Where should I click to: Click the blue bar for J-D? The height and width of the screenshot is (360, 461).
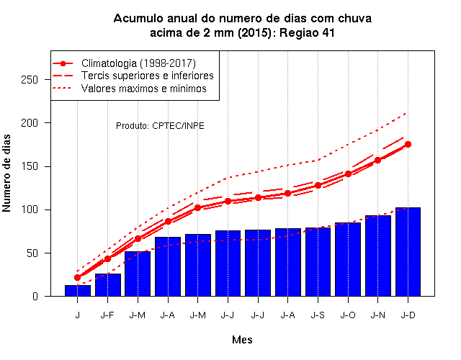408,252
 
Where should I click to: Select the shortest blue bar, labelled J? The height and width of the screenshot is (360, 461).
78,291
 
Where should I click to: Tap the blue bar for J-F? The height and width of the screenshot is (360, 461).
108,285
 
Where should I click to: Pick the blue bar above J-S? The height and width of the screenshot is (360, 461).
318,262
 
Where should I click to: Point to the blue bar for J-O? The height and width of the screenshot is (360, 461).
348,259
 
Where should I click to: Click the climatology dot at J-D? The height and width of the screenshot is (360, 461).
408,144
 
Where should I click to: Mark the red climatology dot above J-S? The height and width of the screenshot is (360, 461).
318,186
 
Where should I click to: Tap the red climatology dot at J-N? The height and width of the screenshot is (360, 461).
377,160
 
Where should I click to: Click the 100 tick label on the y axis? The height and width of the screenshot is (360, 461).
30,210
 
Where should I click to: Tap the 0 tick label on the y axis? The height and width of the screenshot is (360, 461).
35,296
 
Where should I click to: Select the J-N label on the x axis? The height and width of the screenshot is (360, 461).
377,315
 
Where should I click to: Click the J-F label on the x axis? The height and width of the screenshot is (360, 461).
107,315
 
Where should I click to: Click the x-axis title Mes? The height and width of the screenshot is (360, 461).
242,340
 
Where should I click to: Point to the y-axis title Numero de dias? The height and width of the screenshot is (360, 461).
6,174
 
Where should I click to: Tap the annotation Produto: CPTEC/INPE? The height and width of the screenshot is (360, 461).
160,126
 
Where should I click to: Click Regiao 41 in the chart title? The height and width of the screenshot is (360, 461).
307,32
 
